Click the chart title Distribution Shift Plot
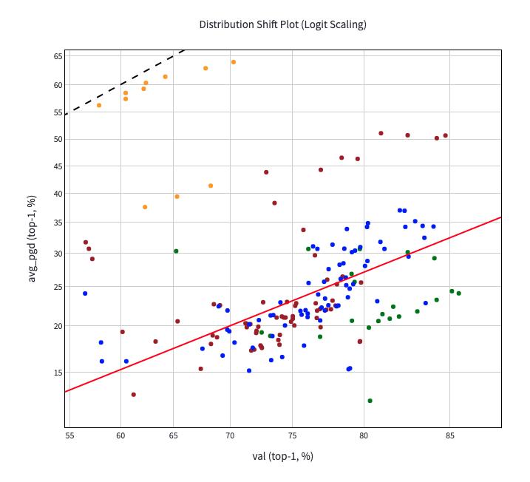282,24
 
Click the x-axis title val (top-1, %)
282,456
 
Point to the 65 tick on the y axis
58,56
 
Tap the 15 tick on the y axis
58,373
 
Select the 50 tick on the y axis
58,139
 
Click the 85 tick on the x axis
450,435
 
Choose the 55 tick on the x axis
69,435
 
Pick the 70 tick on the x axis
230,435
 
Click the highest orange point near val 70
234,62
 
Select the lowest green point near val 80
370,401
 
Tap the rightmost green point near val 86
458,293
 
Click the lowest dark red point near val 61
134,395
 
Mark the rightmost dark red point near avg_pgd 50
446,135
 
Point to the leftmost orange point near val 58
99,105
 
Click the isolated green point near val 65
176,251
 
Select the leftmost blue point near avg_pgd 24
85,293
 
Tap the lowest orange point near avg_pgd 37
145,207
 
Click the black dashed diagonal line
126,80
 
